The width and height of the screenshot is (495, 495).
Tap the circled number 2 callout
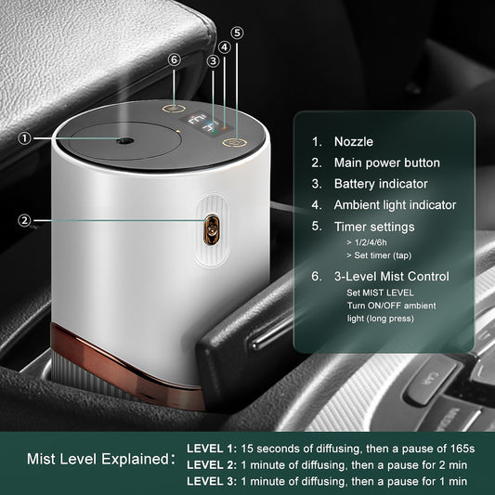click(24, 220)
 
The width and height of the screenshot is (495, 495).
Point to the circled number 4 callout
click(225, 46)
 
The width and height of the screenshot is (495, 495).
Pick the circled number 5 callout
click(237, 33)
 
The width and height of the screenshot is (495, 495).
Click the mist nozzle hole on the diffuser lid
click(121, 140)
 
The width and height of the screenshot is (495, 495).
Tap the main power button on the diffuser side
click(211, 226)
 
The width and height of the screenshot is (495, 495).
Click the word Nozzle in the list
click(355, 142)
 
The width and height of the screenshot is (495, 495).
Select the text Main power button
click(387, 163)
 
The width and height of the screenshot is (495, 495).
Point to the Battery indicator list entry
click(382, 184)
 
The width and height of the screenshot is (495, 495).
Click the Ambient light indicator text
click(396, 205)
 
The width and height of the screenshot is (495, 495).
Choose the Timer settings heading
click(374, 227)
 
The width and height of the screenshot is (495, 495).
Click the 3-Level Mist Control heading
click(392, 276)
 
